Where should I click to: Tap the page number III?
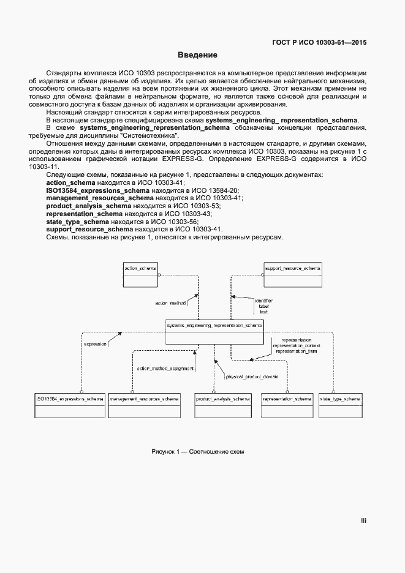[x=363, y=521]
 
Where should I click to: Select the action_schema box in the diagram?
[x=140, y=274]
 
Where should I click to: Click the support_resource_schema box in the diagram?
[x=292, y=274]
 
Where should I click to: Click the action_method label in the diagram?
[x=170, y=302]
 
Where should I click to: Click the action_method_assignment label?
[x=165, y=368]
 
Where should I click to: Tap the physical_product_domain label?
[x=248, y=376]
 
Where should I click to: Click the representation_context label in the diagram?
[x=296, y=346]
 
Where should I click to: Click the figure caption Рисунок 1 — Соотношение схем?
[x=197, y=451]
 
